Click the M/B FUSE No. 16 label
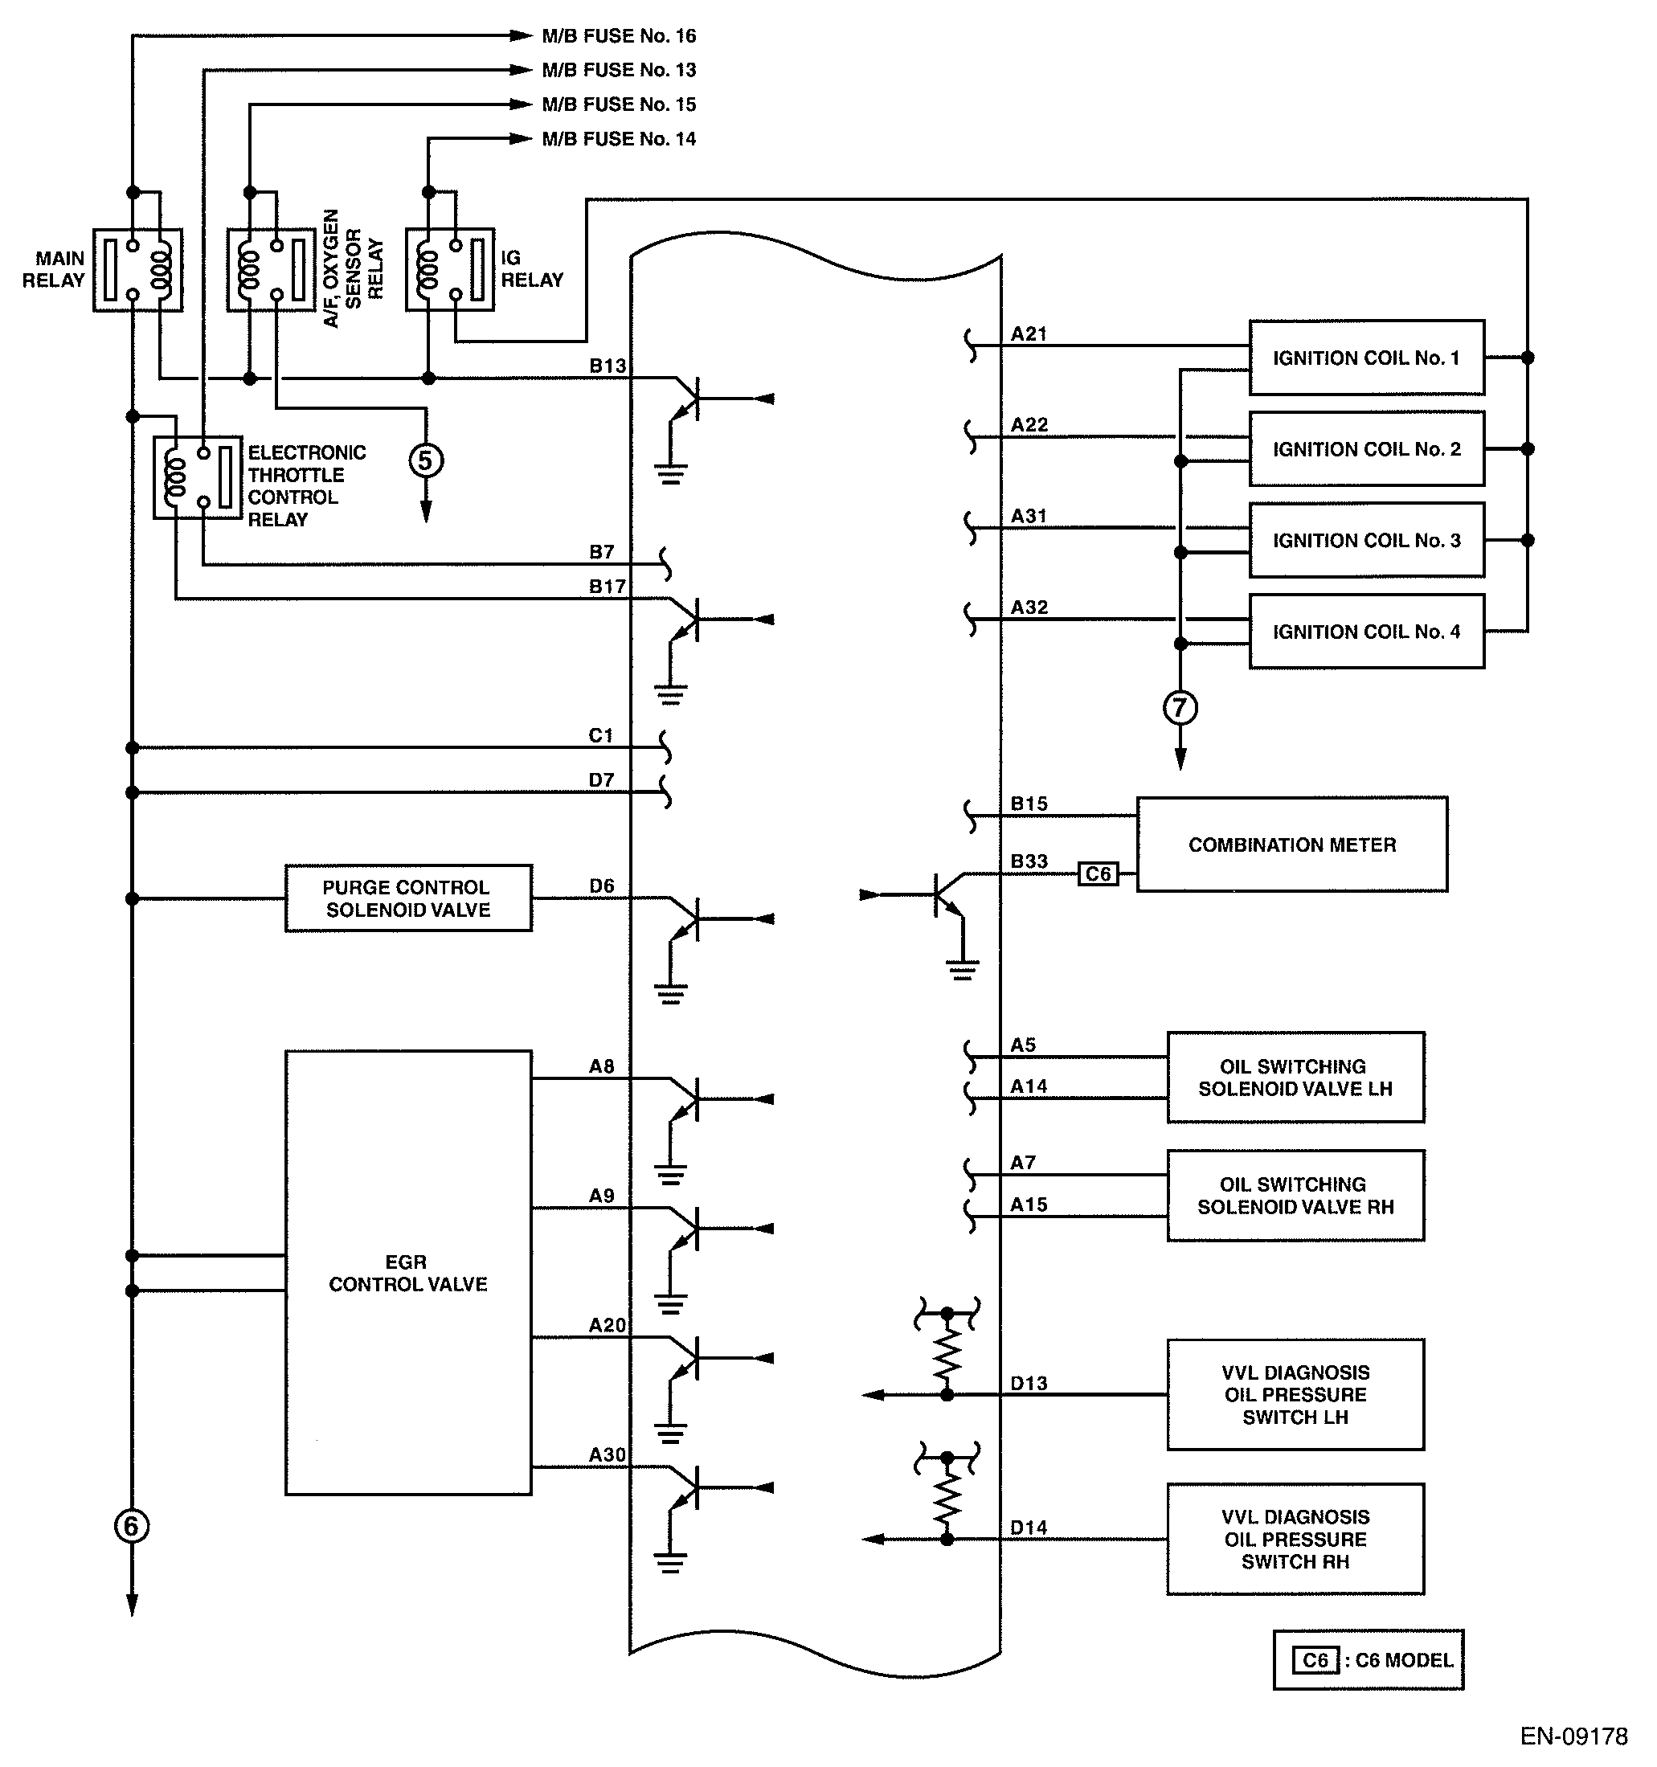pyautogui.click(x=619, y=36)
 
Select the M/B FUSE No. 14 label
pyautogui.click(x=619, y=140)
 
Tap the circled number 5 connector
pyautogui.click(x=426, y=460)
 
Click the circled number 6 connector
pyautogui.click(x=132, y=1526)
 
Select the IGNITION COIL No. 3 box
pyautogui.click(x=1365, y=541)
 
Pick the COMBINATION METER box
pyautogui.click(x=1291, y=845)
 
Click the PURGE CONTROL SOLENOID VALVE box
pyautogui.click(x=408, y=898)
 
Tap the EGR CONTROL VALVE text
pyautogui.click(x=408, y=1273)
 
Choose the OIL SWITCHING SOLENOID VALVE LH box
pyautogui.click(x=1295, y=1078)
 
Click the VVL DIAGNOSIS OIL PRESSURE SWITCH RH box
pyautogui.click(x=1295, y=1539)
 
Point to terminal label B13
pyautogui.click(x=608, y=366)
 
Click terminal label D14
pyautogui.click(x=1028, y=1528)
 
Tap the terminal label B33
pyautogui.click(x=1029, y=861)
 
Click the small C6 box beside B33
pyautogui.click(x=1098, y=874)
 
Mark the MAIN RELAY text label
pyautogui.click(x=53, y=269)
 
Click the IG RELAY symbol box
pyautogui.click(x=450, y=269)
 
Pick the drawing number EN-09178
pyautogui.click(x=1573, y=1736)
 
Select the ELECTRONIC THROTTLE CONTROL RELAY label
pyautogui.click(x=306, y=486)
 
